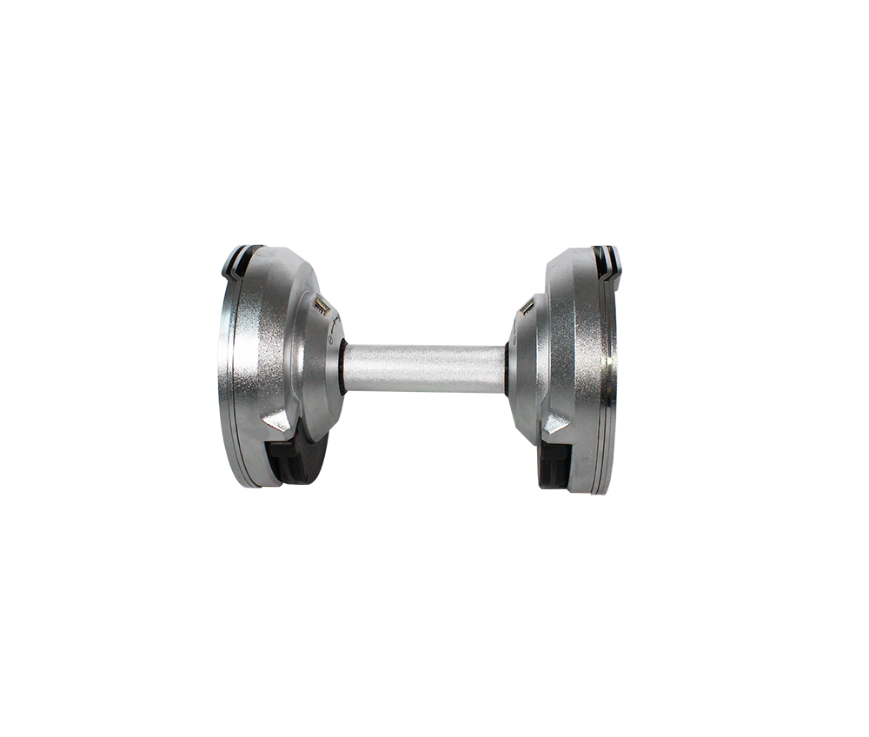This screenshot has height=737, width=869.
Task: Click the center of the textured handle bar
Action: [x=426, y=368]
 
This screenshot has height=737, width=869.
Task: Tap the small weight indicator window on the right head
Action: [x=527, y=306]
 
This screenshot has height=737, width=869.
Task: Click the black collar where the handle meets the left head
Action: [x=344, y=368]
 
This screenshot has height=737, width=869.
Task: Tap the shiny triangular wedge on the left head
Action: [x=278, y=421]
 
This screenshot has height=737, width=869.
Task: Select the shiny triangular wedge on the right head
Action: [x=557, y=422]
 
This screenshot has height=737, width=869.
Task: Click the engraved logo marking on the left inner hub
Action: [x=335, y=329]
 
